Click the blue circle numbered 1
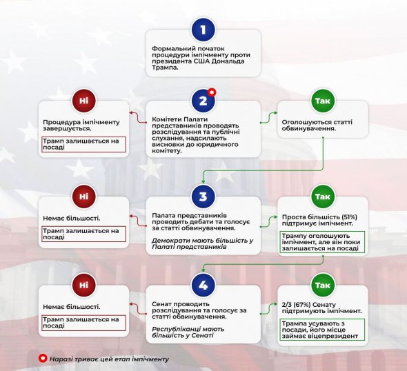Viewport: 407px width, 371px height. point(203,30)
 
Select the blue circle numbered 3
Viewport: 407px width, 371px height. point(203,197)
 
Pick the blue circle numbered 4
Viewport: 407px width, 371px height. point(203,285)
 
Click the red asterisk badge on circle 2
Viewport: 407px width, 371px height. point(212,92)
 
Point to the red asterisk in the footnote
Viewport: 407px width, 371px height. point(43,359)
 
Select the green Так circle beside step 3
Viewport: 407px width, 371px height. point(322,197)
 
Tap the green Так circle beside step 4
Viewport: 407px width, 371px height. point(322,285)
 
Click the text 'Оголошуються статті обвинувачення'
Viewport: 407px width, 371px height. point(315,126)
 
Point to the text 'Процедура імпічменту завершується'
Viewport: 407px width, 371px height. point(80,126)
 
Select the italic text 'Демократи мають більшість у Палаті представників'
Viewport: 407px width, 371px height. point(203,244)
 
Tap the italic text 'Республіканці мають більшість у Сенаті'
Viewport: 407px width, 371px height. point(192,335)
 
